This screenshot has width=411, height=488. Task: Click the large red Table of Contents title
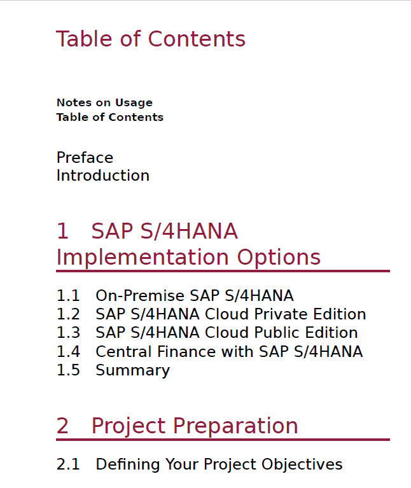coord(151,39)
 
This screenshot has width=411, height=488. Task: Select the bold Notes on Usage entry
coord(104,102)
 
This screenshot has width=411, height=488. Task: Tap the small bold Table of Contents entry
coord(110,117)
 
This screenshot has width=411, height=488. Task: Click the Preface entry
coord(85,158)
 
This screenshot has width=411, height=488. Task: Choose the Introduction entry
coord(103,176)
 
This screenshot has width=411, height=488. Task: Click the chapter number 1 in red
coord(62,231)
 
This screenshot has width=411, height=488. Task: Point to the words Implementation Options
coord(188,258)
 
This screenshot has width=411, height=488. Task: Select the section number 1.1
coord(68,296)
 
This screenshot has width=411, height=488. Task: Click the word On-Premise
coord(140,296)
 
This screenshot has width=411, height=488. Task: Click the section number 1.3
coord(68,333)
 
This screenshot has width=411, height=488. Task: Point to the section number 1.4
coord(68,352)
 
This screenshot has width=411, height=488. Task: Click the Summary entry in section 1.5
coord(133,370)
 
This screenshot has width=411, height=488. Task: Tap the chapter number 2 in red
coord(62,426)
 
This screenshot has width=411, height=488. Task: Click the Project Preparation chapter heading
coord(195,426)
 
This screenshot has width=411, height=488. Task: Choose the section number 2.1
coord(68,464)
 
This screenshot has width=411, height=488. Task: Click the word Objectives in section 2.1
coord(302,464)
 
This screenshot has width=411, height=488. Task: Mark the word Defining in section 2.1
coord(128,464)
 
